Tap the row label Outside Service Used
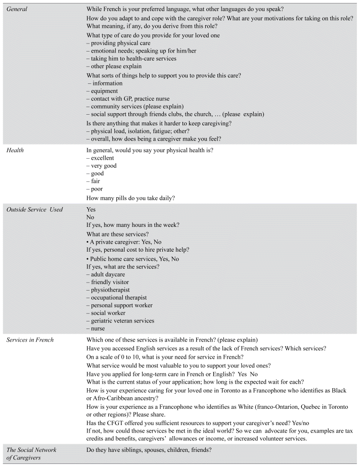click(x=34, y=209)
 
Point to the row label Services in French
click(x=30, y=340)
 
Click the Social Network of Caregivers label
click(x=31, y=453)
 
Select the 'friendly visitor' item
click(x=110, y=282)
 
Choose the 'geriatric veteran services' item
click(x=122, y=321)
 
